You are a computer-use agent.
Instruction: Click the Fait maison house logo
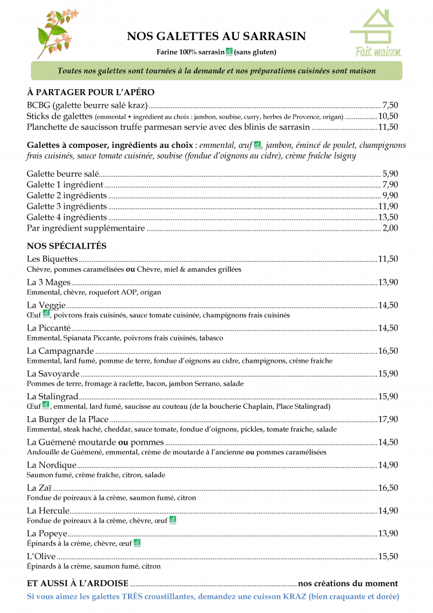(x=374, y=33)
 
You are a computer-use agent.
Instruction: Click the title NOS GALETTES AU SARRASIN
(x=216, y=37)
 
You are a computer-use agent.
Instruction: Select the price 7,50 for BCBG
(x=390, y=105)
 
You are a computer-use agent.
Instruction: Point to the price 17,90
(x=388, y=420)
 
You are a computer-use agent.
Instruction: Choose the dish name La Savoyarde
(x=52, y=374)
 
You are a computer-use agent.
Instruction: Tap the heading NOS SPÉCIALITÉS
(x=66, y=246)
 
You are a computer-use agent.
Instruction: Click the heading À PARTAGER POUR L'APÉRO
(x=91, y=92)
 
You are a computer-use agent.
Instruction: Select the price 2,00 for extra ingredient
(x=390, y=228)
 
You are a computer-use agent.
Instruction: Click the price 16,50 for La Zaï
(x=388, y=488)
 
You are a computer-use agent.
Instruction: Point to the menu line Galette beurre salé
(x=63, y=174)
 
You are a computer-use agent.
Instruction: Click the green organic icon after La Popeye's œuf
(x=137, y=543)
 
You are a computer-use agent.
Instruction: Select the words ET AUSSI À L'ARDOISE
(x=78, y=584)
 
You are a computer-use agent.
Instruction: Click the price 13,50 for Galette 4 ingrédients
(x=388, y=217)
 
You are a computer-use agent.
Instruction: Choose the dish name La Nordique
(x=51, y=465)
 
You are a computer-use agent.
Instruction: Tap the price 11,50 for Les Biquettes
(x=388, y=259)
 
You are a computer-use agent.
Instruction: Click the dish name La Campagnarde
(x=60, y=351)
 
